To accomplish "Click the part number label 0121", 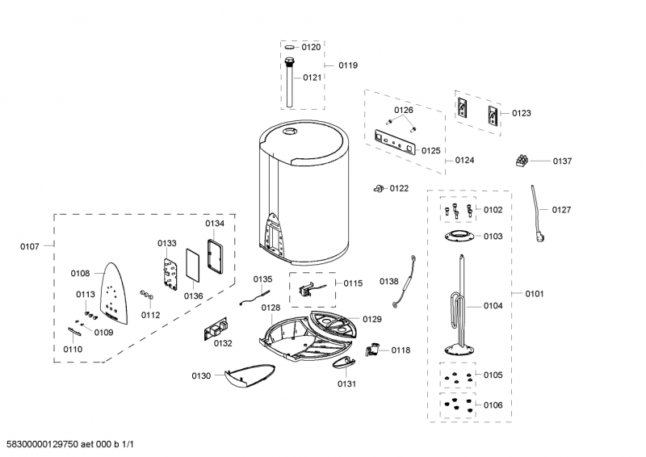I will [x=312, y=78].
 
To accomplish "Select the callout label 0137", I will [x=562, y=161].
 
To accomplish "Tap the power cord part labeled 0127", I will [x=537, y=212].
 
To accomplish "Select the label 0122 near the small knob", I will [x=399, y=188].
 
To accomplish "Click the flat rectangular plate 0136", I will [x=192, y=264].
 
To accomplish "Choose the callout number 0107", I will [x=29, y=245].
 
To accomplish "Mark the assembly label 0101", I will [x=534, y=294].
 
